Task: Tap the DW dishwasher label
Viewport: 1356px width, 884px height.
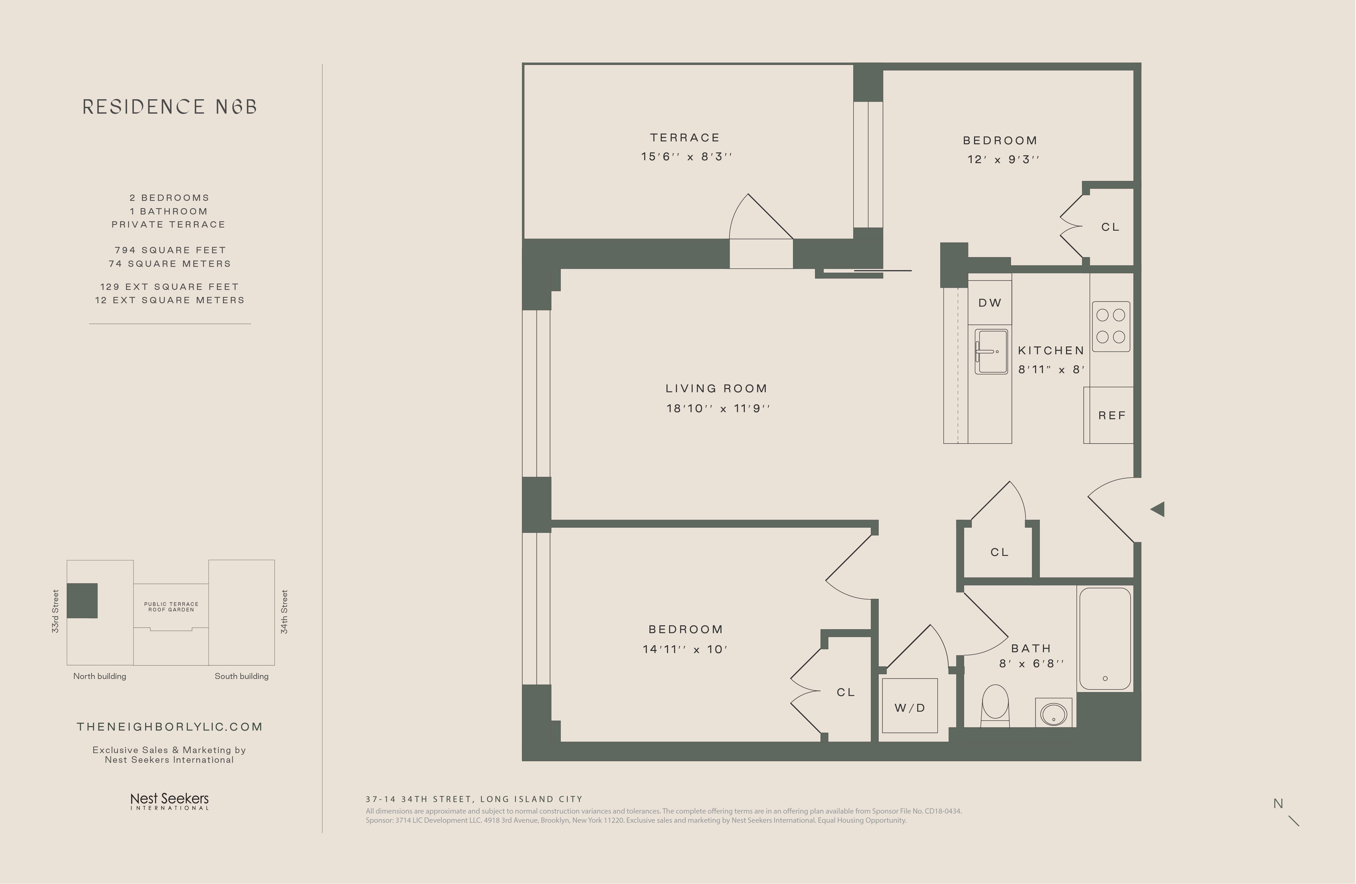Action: [990, 303]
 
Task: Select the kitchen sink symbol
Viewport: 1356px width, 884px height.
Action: [991, 351]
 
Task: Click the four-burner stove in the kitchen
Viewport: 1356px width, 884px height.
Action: [1111, 326]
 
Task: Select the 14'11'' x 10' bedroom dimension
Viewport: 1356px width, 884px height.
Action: [685, 649]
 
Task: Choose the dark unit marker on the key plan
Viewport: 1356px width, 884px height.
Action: [82, 600]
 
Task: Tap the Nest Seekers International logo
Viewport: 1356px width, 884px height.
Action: [170, 801]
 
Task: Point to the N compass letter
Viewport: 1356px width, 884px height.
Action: [1278, 804]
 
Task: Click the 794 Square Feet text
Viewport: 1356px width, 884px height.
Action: [170, 250]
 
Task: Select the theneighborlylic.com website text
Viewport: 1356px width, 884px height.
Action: [170, 727]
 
